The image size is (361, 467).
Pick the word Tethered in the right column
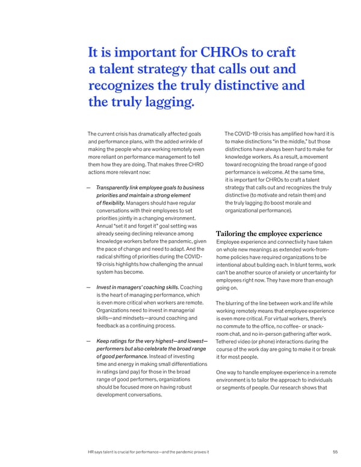(x=230, y=342)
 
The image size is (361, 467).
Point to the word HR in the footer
(x=91, y=453)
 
